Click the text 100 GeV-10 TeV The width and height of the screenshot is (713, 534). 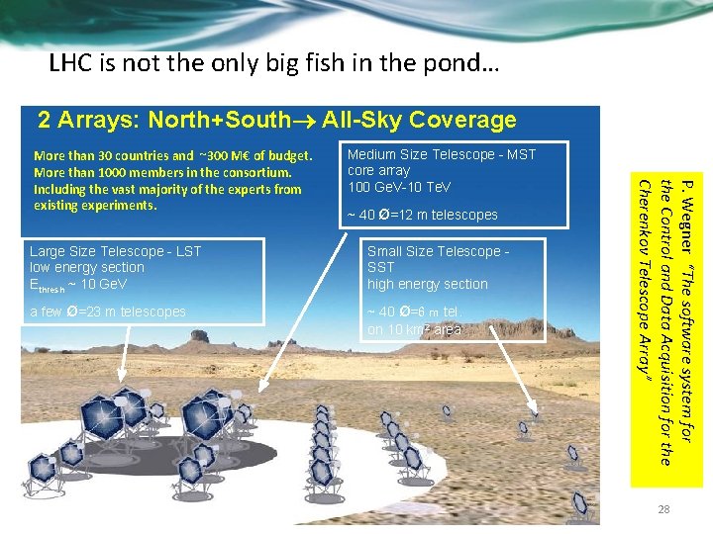point(399,187)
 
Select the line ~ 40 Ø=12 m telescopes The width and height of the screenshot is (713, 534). point(423,216)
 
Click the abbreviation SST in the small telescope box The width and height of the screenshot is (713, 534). point(380,267)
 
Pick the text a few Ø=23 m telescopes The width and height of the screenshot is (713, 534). point(108,311)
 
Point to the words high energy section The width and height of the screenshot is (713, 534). point(427,284)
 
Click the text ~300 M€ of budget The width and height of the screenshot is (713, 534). point(255,155)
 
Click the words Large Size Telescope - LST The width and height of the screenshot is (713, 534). point(115,251)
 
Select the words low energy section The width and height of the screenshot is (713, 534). point(87,267)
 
